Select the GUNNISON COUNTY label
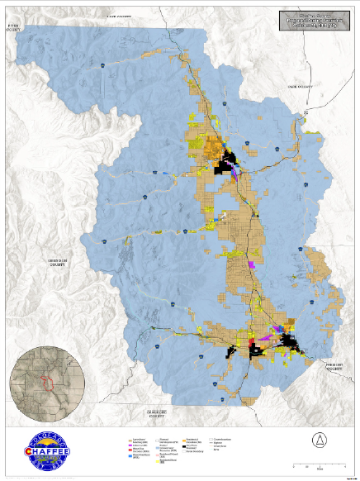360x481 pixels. [x=56, y=262]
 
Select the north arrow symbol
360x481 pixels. [x=317, y=439]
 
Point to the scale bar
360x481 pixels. [x=313, y=467]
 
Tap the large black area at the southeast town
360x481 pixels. [x=291, y=341]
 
